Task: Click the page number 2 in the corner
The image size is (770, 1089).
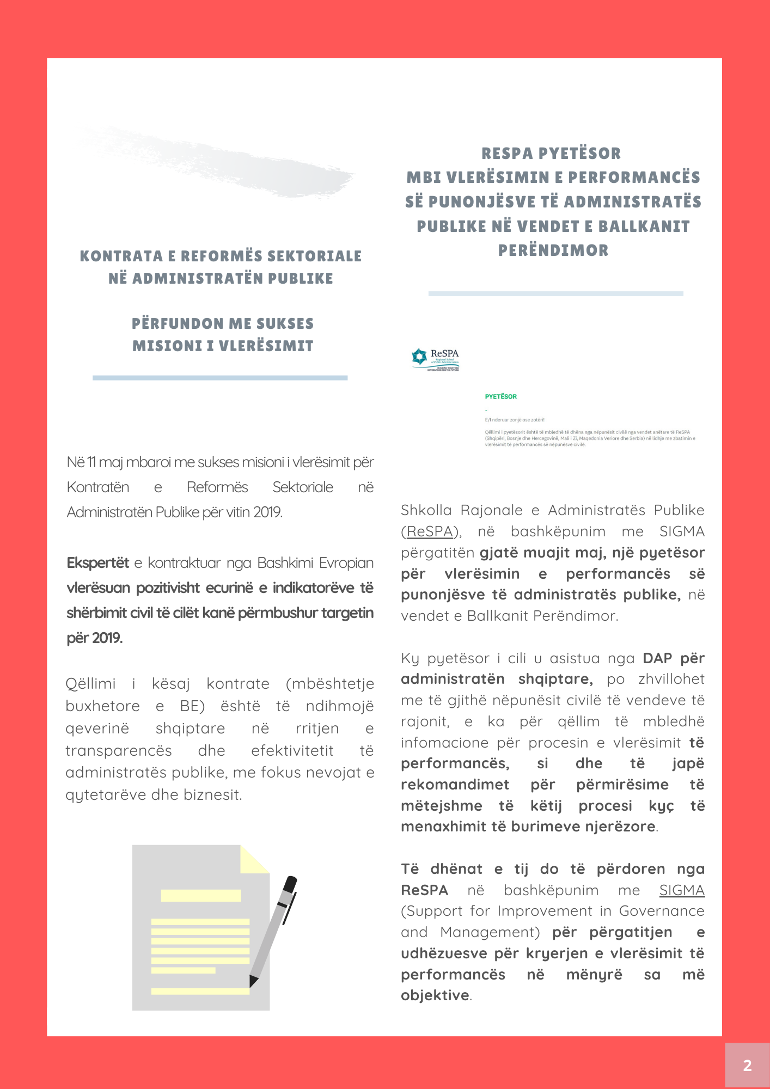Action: (x=747, y=1066)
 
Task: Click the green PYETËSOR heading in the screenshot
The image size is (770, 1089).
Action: (x=500, y=396)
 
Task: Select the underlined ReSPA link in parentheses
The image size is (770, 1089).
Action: (x=430, y=531)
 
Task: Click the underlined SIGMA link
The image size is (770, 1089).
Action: (x=682, y=890)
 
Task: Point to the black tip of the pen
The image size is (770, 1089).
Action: (x=253, y=981)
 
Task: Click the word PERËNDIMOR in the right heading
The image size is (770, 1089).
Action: (x=553, y=250)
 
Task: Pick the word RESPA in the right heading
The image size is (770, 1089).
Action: (x=507, y=154)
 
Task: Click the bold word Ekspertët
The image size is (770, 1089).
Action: (x=98, y=563)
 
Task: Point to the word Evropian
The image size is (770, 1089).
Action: (x=346, y=563)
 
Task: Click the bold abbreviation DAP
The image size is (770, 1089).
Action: (x=657, y=658)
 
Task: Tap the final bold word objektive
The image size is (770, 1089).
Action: (x=435, y=995)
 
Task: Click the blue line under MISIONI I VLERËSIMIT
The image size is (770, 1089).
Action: (x=220, y=377)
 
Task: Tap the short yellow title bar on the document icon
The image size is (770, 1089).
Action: (x=201, y=895)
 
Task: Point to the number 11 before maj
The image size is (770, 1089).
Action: (x=91, y=462)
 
